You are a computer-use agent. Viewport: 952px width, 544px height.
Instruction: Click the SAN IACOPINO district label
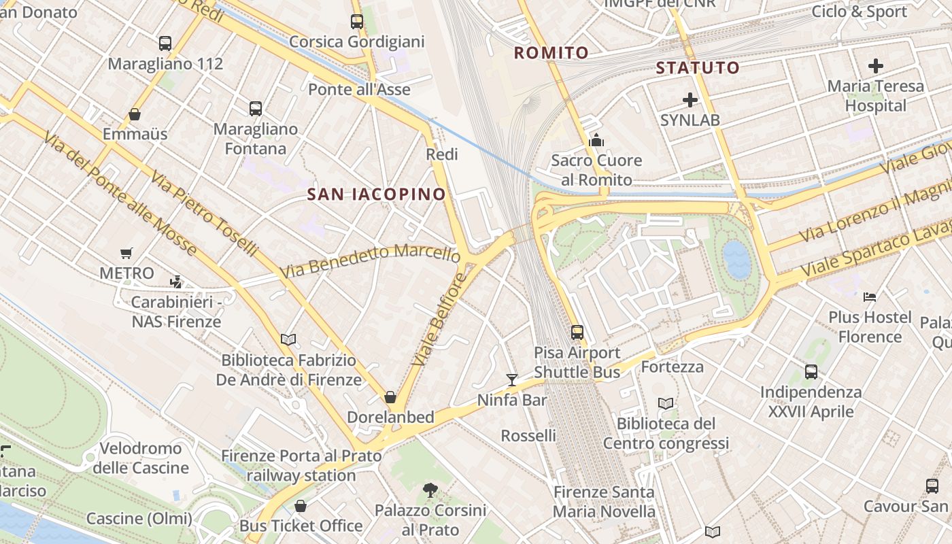[376, 194]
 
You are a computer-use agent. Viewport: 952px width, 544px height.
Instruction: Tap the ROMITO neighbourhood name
[551, 53]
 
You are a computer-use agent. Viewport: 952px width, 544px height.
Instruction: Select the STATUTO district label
[698, 67]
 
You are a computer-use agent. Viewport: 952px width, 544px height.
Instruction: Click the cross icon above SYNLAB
[690, 101]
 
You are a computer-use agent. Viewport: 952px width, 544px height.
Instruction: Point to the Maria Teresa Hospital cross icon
[876, 66]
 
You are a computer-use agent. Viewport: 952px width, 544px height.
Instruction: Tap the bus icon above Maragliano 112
[165, 44]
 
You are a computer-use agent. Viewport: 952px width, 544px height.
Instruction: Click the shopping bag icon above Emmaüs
[135, 114]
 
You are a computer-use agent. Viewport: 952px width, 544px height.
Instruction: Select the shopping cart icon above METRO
[126, 254]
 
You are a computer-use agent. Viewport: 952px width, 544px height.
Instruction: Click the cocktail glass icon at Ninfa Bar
[512, 379]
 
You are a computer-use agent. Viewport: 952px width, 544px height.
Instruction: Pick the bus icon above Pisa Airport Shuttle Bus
[577, 333]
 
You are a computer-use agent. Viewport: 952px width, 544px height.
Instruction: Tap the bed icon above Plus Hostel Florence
[870, 296]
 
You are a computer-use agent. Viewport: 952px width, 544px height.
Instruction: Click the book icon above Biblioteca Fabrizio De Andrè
[288, 339]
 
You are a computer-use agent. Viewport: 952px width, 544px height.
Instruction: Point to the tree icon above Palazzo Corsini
[430, 490]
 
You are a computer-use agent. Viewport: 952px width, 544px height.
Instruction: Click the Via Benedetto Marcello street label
[370, 260]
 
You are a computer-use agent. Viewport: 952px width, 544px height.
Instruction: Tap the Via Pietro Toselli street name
[204, 214]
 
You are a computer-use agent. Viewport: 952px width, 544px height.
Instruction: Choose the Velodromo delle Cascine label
[141, 458]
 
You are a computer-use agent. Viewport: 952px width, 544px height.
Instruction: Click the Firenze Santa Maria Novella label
[604, 501]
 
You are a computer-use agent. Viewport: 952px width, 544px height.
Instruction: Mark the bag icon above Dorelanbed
[390, 396]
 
